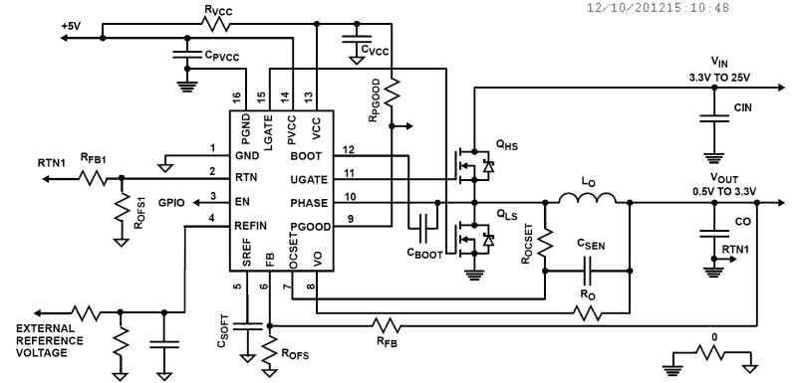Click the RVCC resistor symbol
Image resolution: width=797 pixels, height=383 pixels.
(x=217, y=24)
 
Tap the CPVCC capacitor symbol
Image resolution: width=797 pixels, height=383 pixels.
(x=187, y=55)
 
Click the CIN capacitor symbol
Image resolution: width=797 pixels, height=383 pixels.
(x=714, y=118)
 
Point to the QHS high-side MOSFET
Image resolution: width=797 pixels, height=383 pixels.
(x=472, y=165)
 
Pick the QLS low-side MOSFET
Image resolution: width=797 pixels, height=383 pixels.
(x=472, y=239)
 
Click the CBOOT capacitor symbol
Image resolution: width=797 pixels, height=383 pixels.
(x=424, y=227)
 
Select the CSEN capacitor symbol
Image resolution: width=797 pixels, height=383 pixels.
(x=587, y=272)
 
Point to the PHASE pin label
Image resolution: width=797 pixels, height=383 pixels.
(x=309, y=203)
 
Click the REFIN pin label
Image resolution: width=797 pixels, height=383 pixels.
(x=251, y=226)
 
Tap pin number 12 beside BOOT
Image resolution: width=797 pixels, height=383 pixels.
(x=348, y=149)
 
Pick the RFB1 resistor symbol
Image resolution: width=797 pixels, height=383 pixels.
(x=93, y=178)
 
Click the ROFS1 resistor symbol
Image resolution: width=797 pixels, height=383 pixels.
(x=121, y=208)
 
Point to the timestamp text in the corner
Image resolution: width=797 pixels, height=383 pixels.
(x=659, y=7)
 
